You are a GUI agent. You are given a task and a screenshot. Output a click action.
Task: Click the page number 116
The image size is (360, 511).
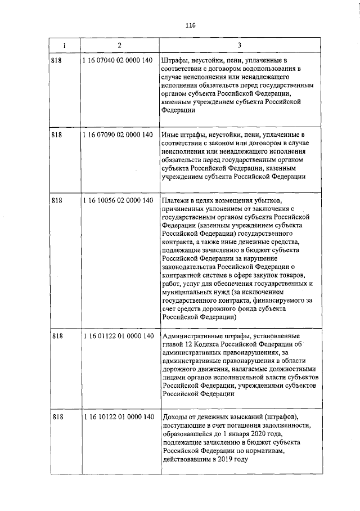coord(189,25)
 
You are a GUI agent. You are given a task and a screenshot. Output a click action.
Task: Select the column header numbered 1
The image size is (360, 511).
coord(64,44)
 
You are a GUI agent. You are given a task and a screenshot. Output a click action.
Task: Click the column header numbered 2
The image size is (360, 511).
coord(119,44)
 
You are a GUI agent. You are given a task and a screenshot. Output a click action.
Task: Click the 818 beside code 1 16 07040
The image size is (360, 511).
coord(56,60)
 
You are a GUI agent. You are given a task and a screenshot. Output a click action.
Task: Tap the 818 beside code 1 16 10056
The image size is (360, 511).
coord(56,201)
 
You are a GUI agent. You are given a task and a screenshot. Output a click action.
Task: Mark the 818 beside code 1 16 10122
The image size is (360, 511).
coord(56,417)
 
